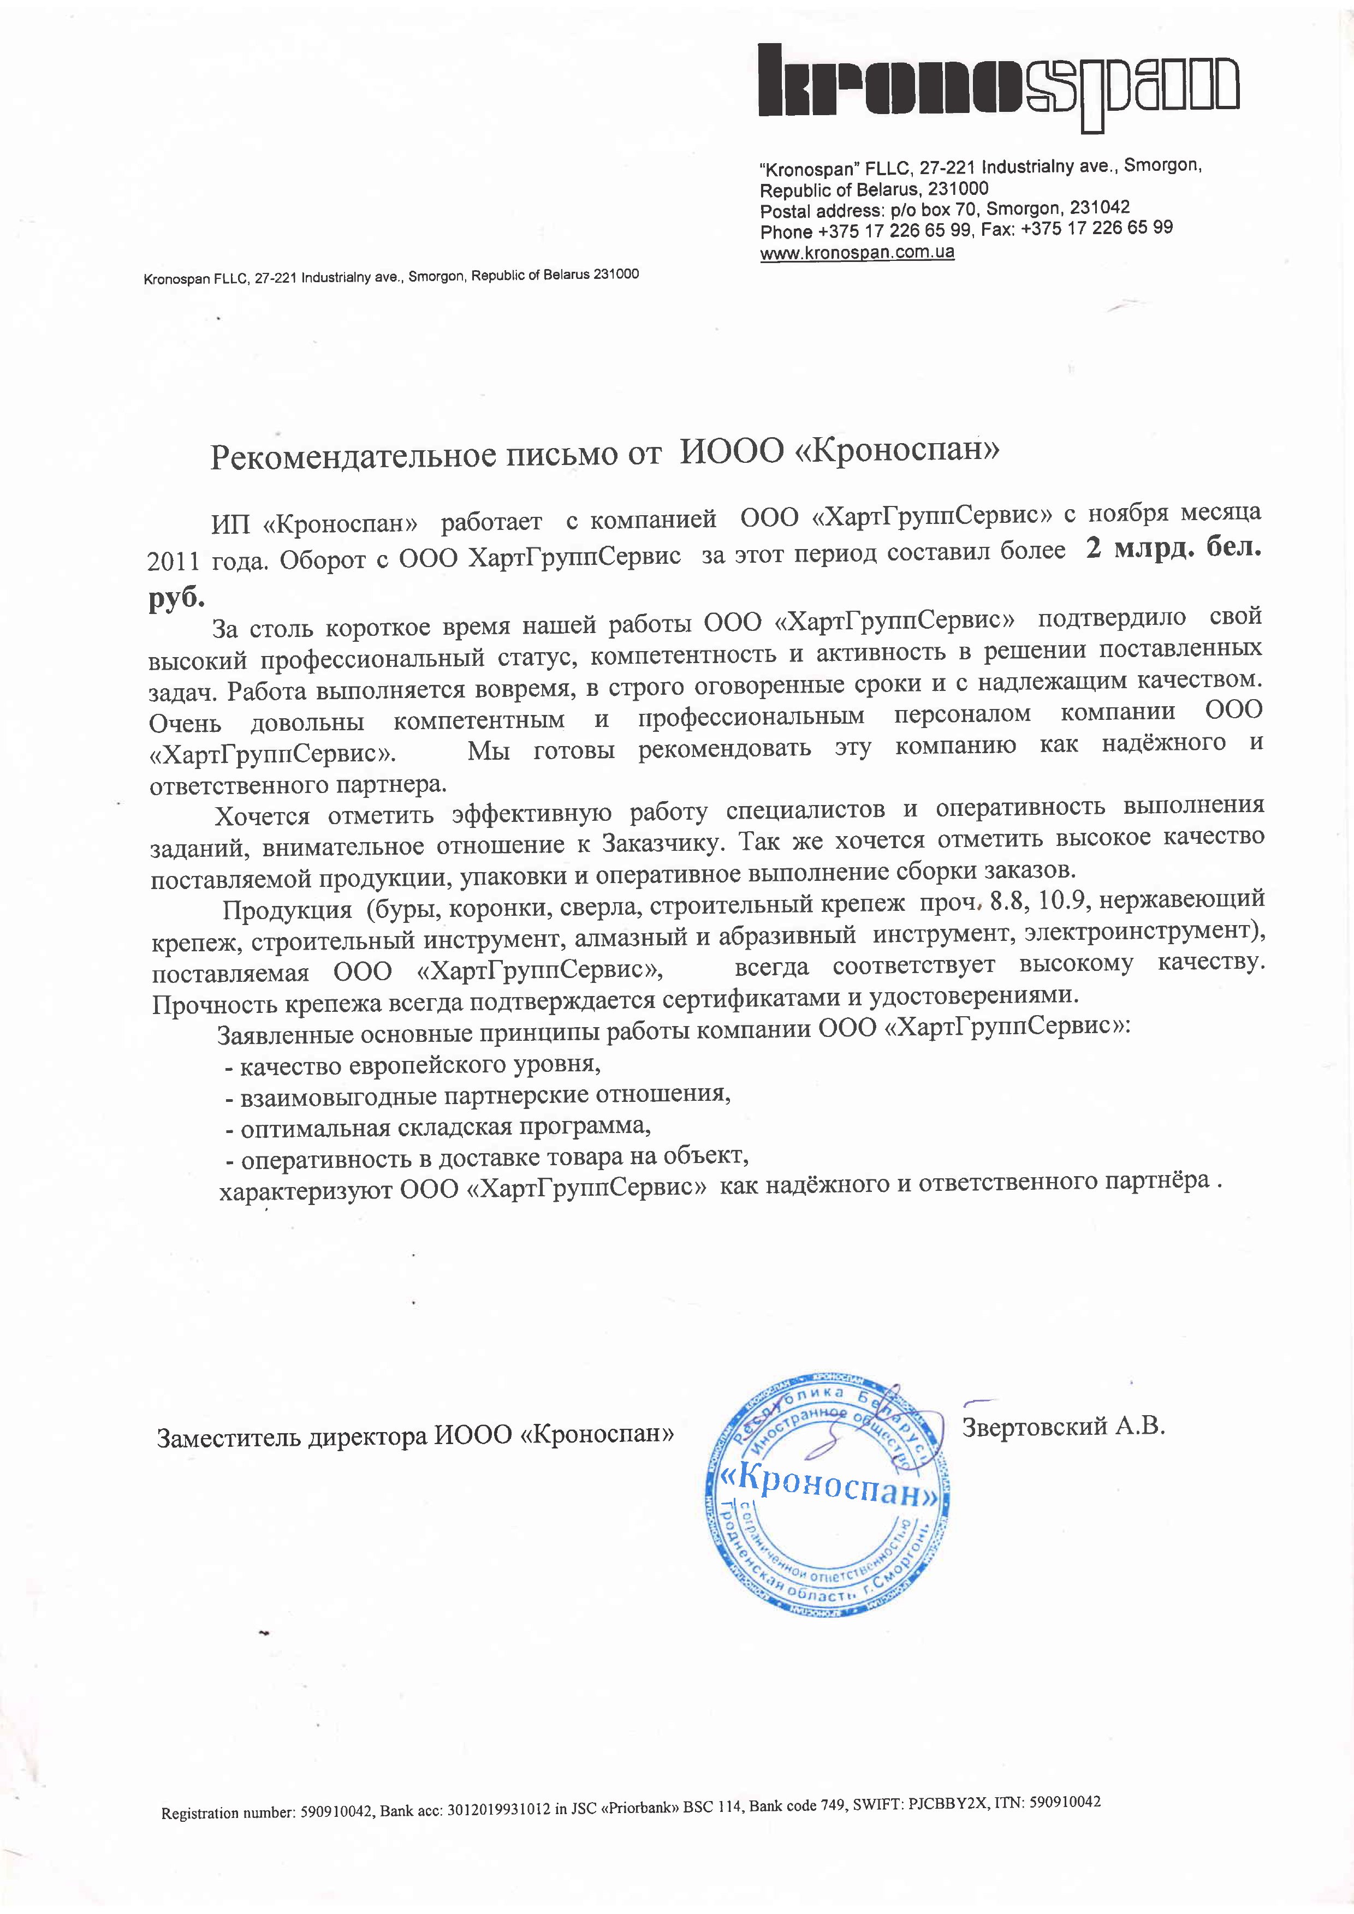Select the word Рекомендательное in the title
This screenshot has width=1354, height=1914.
353,456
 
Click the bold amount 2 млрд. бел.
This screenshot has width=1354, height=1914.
1172,550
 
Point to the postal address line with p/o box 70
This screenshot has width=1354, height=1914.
945,208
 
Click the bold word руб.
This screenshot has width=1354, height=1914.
177,599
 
